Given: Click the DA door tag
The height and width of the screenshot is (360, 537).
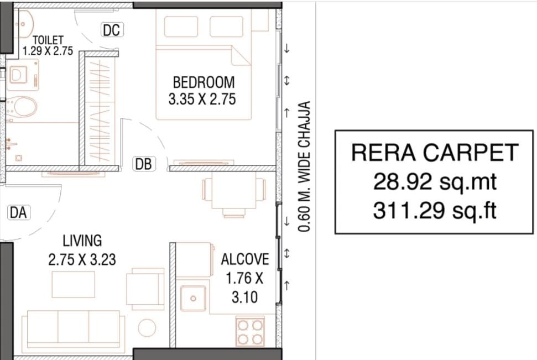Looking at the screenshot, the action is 18,213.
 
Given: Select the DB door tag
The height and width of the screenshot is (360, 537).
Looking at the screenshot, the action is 144,164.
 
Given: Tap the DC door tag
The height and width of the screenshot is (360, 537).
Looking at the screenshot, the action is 112,30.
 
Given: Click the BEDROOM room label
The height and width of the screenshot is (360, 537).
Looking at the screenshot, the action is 204,82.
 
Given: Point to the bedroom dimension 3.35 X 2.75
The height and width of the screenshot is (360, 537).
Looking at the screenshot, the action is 202,100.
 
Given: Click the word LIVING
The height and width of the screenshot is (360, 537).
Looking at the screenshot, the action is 82,241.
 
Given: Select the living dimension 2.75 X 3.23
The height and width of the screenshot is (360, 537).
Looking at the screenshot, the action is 82,259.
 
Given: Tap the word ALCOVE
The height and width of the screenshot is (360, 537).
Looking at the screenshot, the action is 245,259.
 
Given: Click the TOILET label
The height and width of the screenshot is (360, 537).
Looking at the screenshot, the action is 48,40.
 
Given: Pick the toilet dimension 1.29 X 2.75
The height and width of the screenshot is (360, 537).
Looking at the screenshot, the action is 48,51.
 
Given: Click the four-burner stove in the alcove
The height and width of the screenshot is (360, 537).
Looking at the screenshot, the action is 250,332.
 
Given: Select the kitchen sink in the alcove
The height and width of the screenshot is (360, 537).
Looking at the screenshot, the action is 193,299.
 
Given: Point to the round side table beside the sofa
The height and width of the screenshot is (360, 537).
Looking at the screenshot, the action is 147,327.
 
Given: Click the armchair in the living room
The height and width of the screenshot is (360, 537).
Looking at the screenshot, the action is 145,287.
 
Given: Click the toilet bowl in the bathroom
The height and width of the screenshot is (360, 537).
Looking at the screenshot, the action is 22,107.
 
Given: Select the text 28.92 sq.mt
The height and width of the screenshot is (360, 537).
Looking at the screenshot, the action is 435,181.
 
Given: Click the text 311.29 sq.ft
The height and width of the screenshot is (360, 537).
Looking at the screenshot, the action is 435,210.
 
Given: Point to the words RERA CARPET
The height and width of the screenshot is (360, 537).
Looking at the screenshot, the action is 435,153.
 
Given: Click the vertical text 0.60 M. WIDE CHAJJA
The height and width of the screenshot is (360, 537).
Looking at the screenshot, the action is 304,166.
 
